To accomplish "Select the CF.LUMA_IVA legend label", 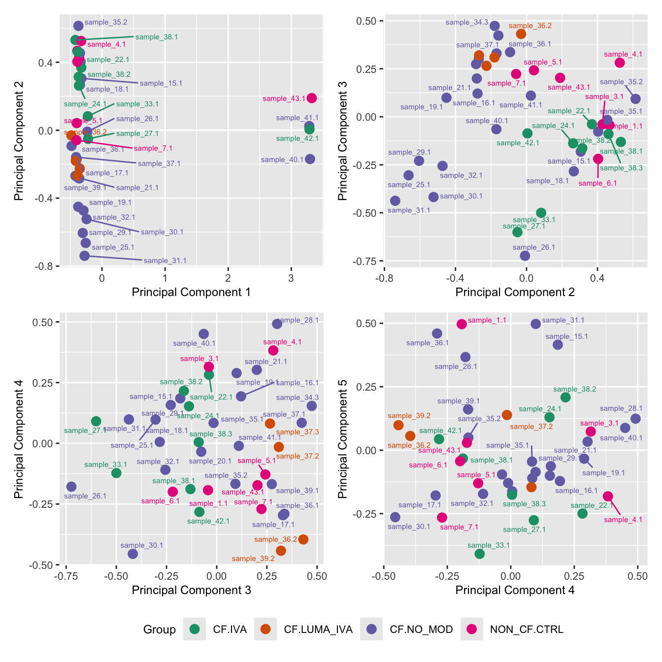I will [318, 629].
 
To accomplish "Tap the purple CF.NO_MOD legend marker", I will [371, 629].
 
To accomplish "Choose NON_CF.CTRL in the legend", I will [527, 629].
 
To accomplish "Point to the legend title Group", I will [159, 629].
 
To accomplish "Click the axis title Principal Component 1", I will [191, 292].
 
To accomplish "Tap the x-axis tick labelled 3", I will [291, 277].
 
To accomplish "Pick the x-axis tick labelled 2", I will [228, 277].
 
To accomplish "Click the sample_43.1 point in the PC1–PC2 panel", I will [312, 98].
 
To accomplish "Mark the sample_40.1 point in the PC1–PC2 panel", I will [310, 159].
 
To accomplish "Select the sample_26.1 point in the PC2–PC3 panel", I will [525, 256].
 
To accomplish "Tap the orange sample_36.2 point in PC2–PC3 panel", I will [521, 34].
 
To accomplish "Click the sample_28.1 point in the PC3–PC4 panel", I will [277, 324].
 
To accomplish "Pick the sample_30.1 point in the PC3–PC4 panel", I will [133, 554].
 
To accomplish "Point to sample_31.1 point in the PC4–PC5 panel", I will [536, 324].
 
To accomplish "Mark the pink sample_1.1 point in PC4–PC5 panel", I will [462, 324].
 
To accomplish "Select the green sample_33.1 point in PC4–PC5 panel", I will [480, 554].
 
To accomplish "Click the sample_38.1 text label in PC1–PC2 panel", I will [157, 37].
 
